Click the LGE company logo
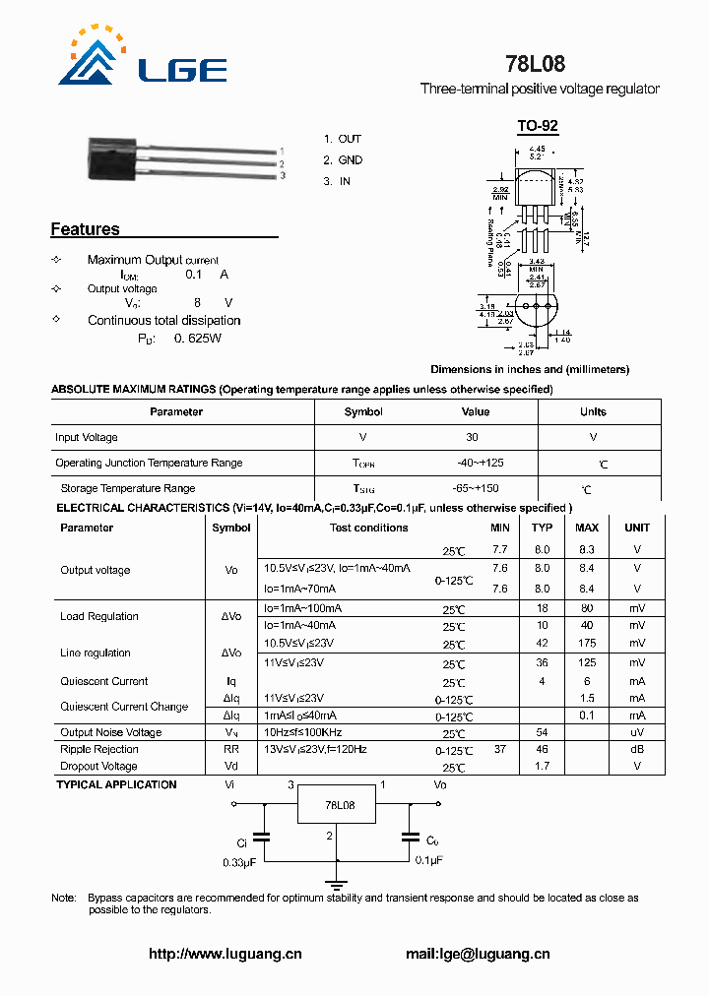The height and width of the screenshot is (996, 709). [x=138, y=60]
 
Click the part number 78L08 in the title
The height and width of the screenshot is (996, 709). [x=535, y=65]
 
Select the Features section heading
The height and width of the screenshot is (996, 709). [x=85, y=229]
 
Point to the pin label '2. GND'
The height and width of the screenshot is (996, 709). [x=344, y=159]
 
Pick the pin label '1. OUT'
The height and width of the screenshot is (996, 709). [x=343, y=139]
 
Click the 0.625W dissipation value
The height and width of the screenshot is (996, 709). [x=197, y=338]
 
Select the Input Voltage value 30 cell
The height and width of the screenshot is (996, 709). [x=473, y=437]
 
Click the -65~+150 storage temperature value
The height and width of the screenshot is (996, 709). [x=476, y=488]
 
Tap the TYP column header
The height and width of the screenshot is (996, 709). [x=542, y=528]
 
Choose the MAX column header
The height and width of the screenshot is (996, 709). [x=587, y=528]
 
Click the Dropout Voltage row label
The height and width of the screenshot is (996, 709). [x=98, y=766]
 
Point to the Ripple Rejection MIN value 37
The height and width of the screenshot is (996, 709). [x=500, y=749]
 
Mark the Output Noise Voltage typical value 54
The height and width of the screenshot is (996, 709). [x=542, y=732]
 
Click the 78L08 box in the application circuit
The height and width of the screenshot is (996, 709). [x=340, y=805]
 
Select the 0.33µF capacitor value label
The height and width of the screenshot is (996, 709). [x=239, y=861]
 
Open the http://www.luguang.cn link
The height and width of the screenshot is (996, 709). [x=225, y=954]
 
